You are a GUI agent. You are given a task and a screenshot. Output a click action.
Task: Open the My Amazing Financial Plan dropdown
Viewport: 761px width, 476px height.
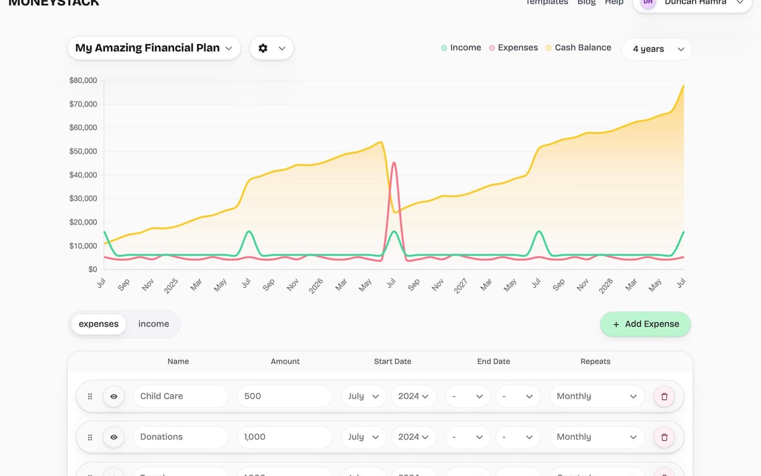[154, 48]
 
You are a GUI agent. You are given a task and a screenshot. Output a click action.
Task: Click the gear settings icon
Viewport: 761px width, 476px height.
[263, 48]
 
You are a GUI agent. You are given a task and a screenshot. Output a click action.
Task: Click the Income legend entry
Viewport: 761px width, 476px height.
[461, 48]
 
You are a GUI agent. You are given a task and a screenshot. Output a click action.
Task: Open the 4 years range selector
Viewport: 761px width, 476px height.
[657, 49]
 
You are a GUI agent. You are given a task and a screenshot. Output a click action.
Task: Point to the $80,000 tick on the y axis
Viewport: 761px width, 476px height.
[83, 80]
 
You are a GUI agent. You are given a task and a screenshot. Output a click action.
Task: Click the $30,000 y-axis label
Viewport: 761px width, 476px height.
[83, 198]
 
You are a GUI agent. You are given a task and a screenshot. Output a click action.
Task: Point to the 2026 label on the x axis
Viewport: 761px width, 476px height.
[316, 285]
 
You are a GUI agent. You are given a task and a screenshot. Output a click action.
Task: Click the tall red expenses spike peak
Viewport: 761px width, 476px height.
[394, 164]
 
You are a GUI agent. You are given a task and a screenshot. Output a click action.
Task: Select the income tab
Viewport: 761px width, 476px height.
[154, 324]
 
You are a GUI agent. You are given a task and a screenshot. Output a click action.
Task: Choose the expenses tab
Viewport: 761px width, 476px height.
[99, 324]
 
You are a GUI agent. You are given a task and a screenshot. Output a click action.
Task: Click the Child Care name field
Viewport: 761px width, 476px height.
[180, 396]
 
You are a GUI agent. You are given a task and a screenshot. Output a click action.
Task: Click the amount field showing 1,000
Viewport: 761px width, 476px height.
[284, 437]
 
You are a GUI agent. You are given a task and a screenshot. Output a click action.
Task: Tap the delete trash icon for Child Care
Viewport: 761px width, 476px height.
[664, 397]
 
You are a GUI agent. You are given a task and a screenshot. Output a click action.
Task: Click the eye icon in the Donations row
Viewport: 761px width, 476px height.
[114, 438]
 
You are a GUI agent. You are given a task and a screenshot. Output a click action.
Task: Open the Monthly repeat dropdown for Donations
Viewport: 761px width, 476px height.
[596, 437]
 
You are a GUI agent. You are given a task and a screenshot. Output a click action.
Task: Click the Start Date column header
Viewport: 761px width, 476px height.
[392, 361]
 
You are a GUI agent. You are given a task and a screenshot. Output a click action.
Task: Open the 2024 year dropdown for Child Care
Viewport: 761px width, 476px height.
[413, 396]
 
